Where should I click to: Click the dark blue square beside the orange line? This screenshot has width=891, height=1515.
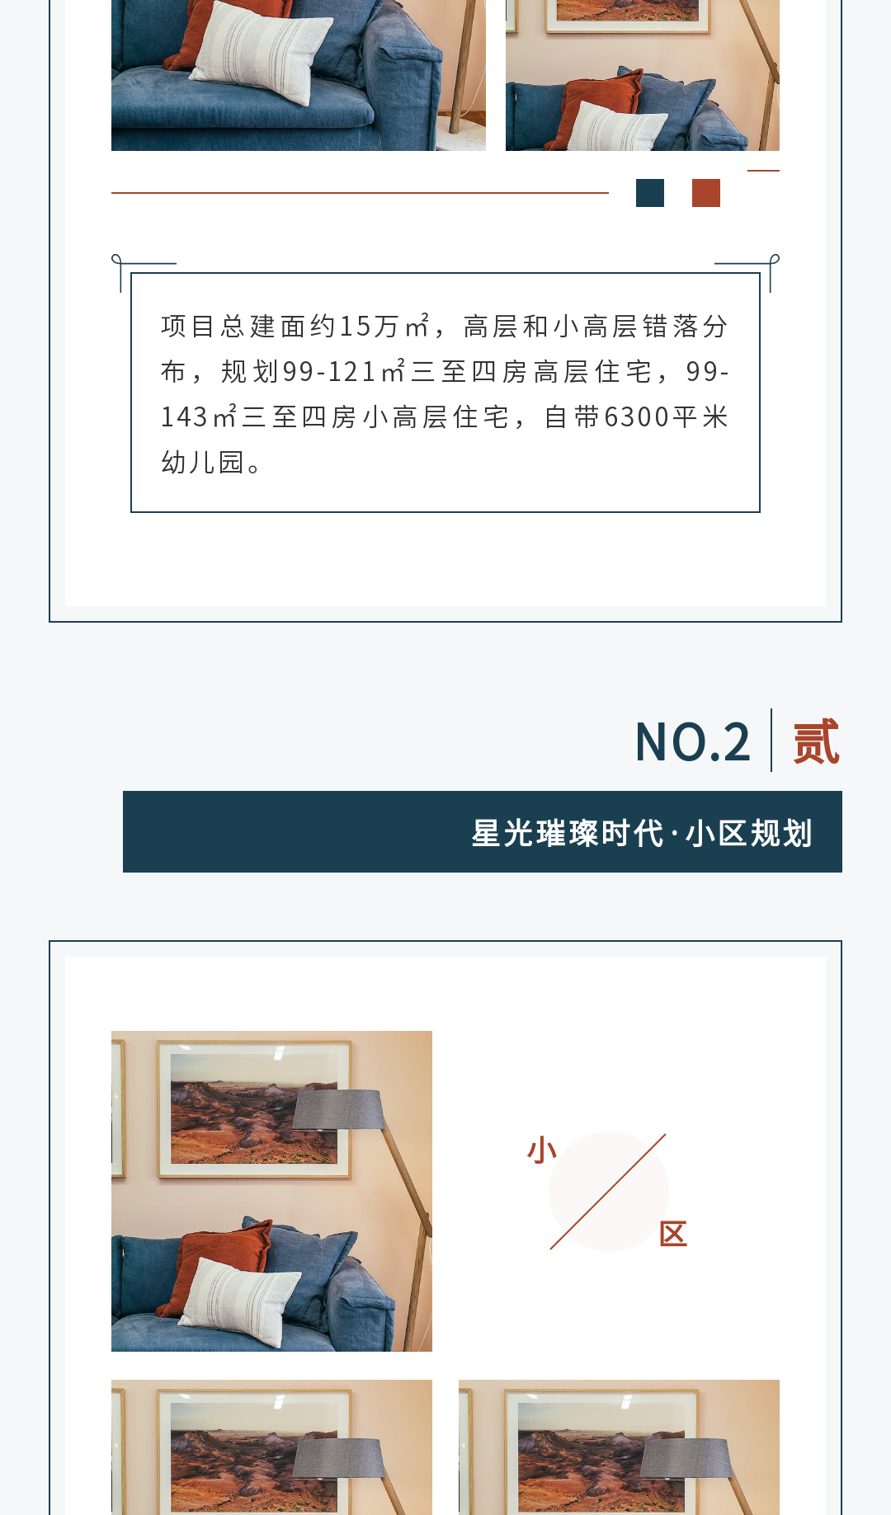650,193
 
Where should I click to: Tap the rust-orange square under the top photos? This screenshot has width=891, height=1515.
706,193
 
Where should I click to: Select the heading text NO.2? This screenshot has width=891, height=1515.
693,741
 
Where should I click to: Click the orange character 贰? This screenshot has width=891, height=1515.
816,742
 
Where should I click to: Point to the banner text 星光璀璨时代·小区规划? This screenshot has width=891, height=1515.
642,833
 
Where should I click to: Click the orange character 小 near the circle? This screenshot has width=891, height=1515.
542,1150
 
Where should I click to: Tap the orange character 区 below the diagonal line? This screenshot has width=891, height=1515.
673,1234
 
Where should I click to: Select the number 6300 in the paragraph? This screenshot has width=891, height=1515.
636,417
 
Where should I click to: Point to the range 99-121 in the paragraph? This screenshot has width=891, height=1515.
329,372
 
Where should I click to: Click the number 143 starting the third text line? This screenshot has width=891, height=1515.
184,417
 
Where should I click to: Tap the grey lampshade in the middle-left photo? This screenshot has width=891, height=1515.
339,1108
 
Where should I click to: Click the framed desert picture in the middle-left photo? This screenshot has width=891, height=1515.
254,1108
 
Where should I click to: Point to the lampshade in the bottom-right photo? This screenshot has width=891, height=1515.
686,1458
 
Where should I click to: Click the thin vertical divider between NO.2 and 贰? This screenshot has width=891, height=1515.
771,740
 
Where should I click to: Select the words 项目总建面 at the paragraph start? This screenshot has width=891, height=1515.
235,327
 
